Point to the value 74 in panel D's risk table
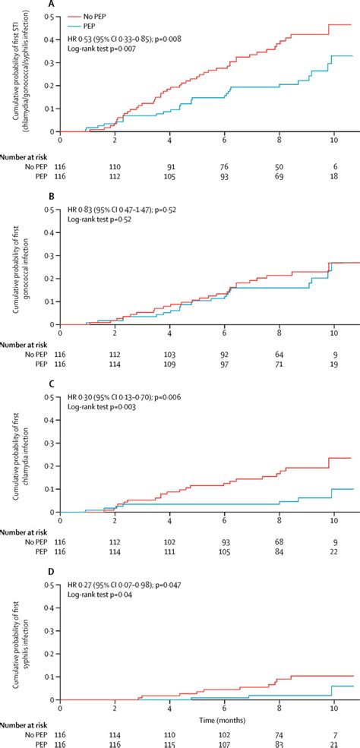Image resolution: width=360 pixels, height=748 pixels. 279,727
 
